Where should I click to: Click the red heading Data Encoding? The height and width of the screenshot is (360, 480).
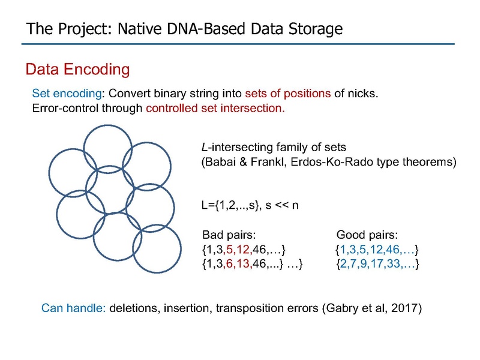tap(78, 69)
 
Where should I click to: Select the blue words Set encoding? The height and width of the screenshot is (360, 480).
tap(67, 94)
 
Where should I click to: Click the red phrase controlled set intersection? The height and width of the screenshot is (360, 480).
tap(215, 109)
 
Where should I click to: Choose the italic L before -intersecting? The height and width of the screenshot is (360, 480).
tap(205, 147)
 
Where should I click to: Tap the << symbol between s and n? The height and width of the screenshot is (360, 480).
tap(281, 205)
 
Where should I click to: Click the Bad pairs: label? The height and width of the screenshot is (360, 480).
tap(229, 235)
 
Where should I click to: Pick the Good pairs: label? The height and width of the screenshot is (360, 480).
tap(367, 235)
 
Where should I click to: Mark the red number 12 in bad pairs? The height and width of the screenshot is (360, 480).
tap(243, 250)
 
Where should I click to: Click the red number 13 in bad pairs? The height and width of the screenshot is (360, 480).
tap(243, 263)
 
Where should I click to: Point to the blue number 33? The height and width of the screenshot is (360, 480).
tap(394, 263)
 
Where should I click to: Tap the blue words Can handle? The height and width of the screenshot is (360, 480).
tap(73, 308)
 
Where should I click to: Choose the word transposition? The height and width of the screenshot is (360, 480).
tap(267, 308)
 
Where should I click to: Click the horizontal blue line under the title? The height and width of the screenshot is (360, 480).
tap(238, 44)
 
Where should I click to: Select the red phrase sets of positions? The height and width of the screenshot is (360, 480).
tap(288, 94)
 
